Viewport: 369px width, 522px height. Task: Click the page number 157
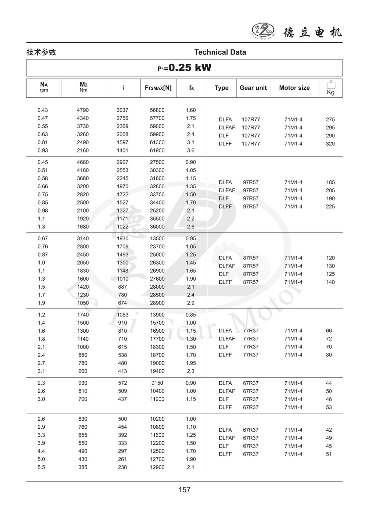[x=184, y=490]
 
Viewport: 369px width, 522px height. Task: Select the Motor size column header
[x=294, y=88]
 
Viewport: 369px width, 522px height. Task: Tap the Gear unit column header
[x=253, y=88]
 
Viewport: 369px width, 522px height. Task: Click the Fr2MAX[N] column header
[x=158, y=88]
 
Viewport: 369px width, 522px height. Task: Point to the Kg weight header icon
[x=330, y=88]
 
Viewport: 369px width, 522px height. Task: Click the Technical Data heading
[x=220, y=52]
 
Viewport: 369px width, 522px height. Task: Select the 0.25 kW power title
[x=184, y=68]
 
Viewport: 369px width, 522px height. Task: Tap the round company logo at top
[x=263, y=32]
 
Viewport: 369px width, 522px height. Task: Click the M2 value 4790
[x=83, y=110]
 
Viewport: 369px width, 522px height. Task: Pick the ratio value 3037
[x=122, y=110]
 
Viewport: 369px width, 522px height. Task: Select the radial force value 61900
[x=157, y=150]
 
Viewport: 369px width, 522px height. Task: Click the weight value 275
[x=330, y=120]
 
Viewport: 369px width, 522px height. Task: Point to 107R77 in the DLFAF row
[x=251, y=128]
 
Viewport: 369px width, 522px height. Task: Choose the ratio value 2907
[x=122, y=162]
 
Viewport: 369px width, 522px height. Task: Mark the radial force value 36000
[x=157, y=227]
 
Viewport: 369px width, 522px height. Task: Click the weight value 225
[x=330, y=206]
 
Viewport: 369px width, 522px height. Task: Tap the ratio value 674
[x=122, y=303]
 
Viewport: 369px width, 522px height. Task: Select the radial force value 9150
[x=157, y=383]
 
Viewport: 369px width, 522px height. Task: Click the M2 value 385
[x=83, y=467]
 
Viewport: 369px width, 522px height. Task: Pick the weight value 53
[x=329, y=407]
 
